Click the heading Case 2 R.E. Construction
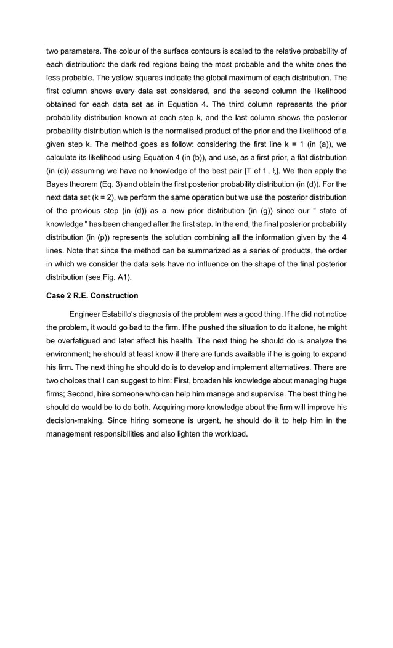click(x=92, y=295)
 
